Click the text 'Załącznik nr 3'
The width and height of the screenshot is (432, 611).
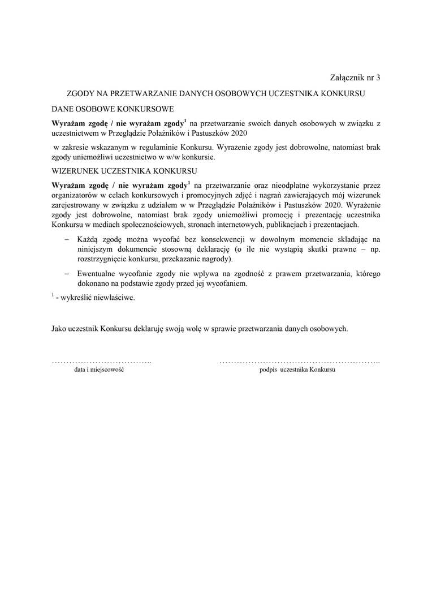click(x=355, y=78)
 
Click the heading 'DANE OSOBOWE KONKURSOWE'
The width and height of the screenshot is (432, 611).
click(x=113, y=107)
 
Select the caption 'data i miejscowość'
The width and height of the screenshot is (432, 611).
click(x=100, y=369)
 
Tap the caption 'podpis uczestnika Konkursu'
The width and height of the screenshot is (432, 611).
click(x=297, y=369)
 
